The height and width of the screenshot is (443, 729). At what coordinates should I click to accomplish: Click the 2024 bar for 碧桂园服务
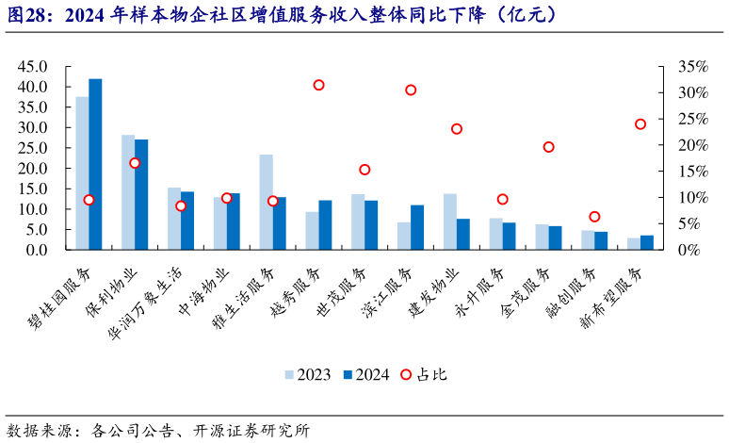[95, 165]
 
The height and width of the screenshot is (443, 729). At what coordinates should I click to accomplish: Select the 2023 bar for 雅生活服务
[266, 203]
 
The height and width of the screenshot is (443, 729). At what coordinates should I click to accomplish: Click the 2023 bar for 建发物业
[450, 221]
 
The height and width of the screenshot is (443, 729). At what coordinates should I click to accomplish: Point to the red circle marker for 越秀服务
[318, 85]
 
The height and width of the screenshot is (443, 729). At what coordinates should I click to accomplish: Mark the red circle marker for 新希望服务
[640, 124]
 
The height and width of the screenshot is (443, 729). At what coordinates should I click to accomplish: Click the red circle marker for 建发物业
[457, 129]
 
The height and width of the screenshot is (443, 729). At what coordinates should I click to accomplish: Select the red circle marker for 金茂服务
[548, 147]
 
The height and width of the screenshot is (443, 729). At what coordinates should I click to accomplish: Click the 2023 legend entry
[309, 374]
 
